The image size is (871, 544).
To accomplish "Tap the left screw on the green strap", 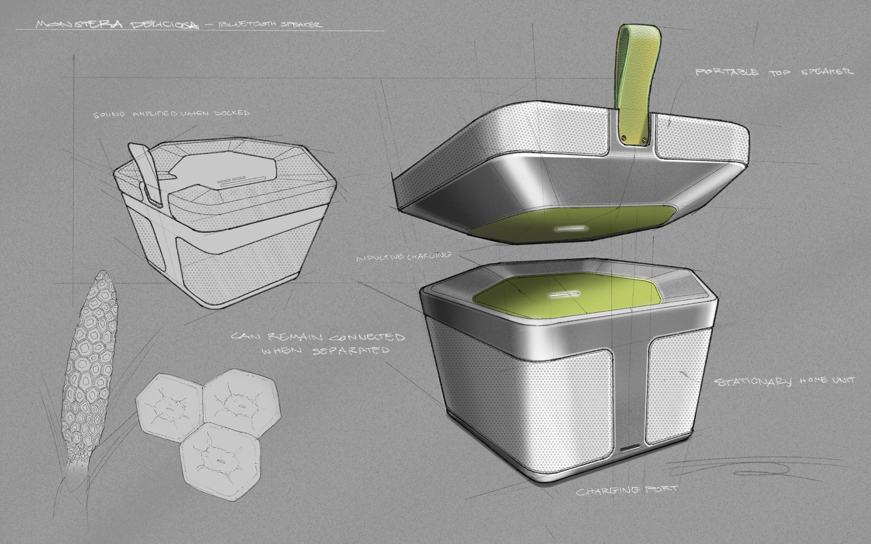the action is [x=625, y=137].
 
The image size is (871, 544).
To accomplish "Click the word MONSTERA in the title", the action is [x=79, y=24].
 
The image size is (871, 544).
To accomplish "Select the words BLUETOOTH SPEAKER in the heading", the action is [x=270, y=24].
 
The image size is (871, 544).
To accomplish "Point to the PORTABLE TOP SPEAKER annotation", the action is [x=774, y=72].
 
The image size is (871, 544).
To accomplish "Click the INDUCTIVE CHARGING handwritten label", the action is [x=404, y=256].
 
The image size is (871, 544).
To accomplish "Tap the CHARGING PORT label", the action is [x=627, y=490].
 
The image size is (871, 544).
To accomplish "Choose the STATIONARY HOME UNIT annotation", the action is [x=784, y=382].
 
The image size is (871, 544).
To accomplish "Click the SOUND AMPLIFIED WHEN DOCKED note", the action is [x=171, y=114].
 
